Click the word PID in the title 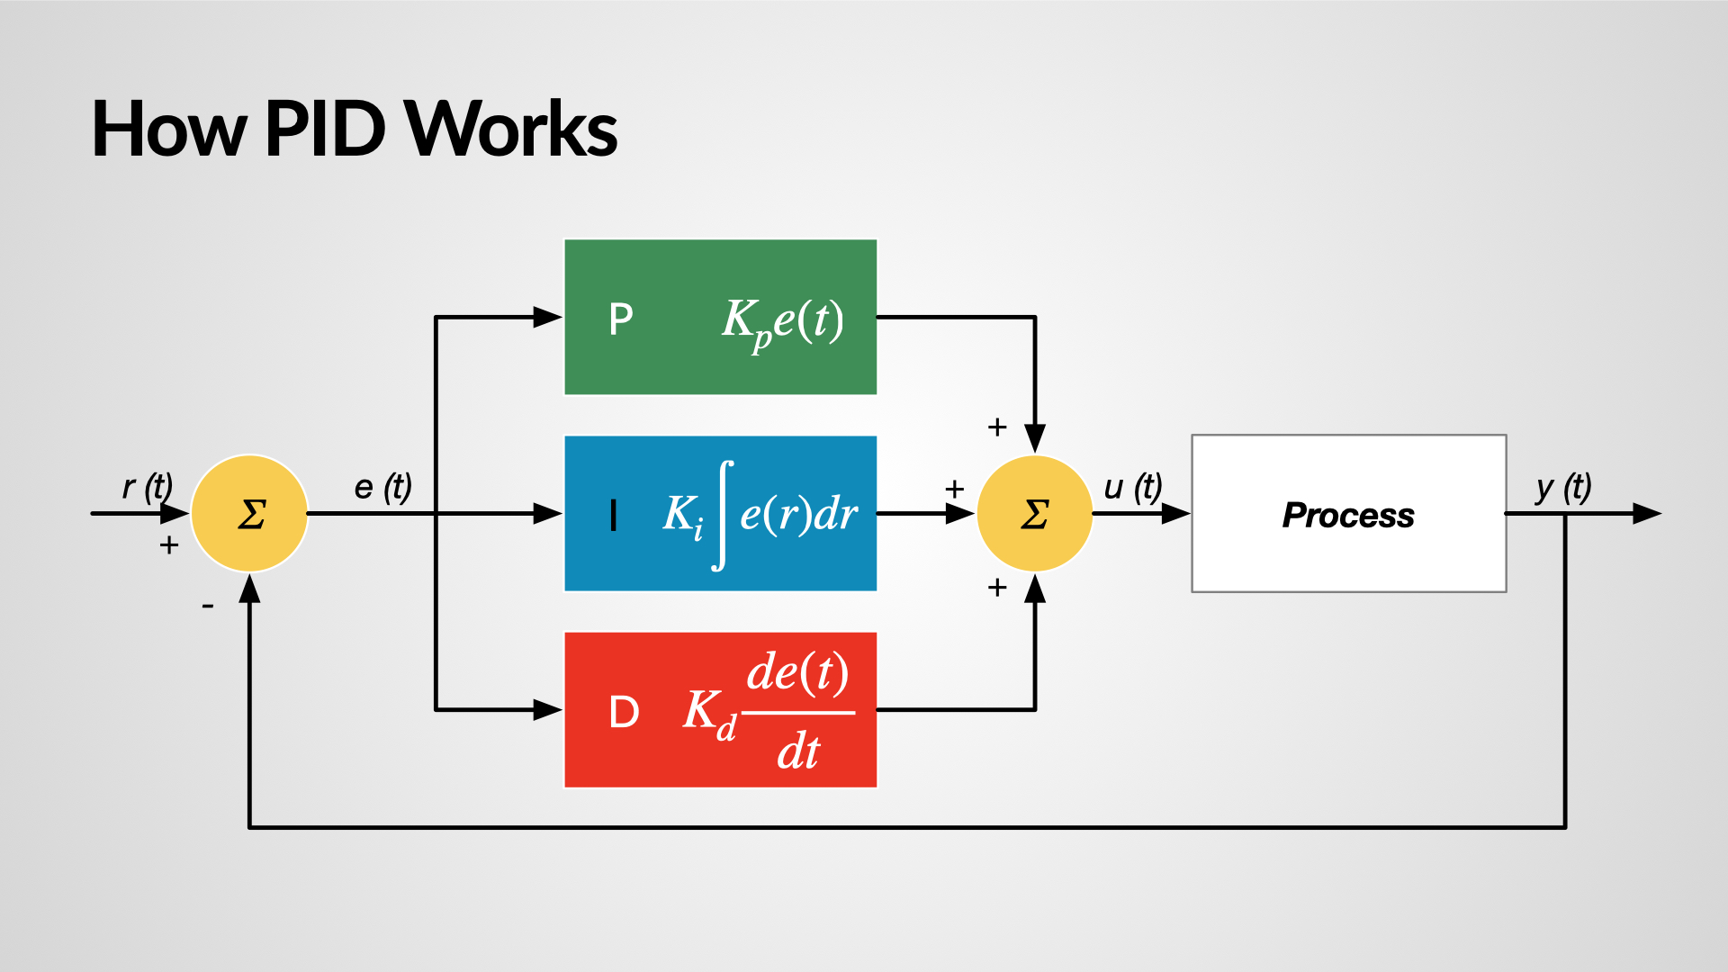tap(325, 130)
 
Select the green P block tap(720, 317)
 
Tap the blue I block tap(720, 513)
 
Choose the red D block tap(720, 710)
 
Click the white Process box tap(1348, 514)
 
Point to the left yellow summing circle tap(250, 514)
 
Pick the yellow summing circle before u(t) tap(1035, 514)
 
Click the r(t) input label tap(147, 487)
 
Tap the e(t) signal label tap(382, 487)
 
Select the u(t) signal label tap(1133, 487)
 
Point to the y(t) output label tap(1563, 487)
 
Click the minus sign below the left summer tap(208, 607)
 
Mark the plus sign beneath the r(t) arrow tap(168, 545)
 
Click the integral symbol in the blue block tap(722, 515)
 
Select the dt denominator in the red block tap(798, 751)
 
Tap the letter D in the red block tap(624, 713)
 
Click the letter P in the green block tap(621, 319)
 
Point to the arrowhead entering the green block tap(547, 317)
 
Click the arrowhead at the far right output tap(1646, 514)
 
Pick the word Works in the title tap(510, 130)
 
